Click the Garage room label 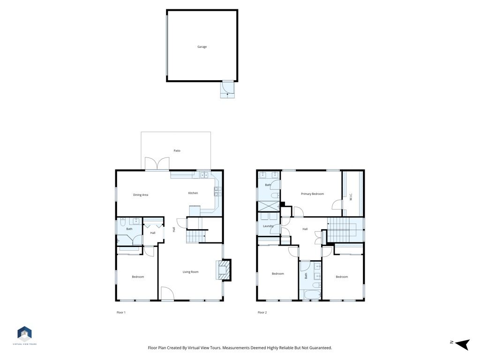click(202, 47)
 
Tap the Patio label click(177, 151)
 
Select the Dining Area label click(141, 195)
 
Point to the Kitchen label click(193, 193)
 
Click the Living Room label click(190, 272)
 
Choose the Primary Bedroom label click(312, 194)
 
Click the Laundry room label click(268, 226)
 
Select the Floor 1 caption click(121, 313)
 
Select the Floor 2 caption click(262, 313)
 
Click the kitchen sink click(204, 175)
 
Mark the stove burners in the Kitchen click(217, 191)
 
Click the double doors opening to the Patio click(157, 164)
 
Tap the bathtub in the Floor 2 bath click(312, 295)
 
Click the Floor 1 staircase click(195, 237)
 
